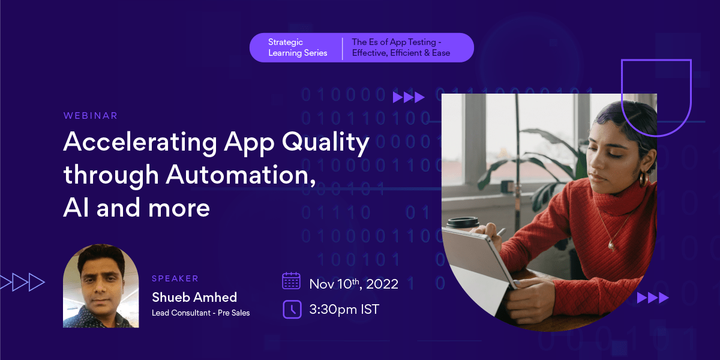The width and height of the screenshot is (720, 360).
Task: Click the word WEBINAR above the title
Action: (x=91, y=115)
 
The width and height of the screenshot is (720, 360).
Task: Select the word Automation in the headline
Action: (x=240, y=175)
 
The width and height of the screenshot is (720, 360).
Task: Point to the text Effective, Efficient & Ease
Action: (x=401, y=53)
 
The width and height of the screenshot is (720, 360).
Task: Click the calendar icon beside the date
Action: (x=291, y=281)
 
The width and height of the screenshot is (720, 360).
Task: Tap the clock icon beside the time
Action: (x=291, y=309)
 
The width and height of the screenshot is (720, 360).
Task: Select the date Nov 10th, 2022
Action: (x=353, y=283)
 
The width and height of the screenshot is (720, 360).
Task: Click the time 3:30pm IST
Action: (x=344, y=310)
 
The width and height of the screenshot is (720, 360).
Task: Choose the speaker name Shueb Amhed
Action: (x=194, y=297)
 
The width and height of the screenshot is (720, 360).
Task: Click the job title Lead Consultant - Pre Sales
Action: (x=200, y=313)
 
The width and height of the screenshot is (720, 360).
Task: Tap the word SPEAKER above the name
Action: (x=175, y=278)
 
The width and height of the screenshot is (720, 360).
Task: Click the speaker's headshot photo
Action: (x=101, y=286)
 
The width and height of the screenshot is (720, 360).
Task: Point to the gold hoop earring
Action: (x=643, y=178)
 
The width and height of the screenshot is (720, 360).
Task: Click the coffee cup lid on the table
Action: (x=463, y=223)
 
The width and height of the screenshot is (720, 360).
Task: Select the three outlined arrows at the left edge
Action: (x=22, y=281)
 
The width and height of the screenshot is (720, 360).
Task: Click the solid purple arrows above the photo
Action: (x=409, y=97)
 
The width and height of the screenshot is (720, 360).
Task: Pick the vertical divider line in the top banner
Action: (x=343, y=48)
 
